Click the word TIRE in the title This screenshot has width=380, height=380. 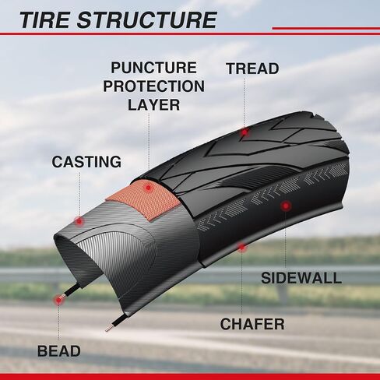coord(45,20)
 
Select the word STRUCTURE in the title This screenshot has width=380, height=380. coord(147,20)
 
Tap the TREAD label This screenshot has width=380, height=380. coord(252,69)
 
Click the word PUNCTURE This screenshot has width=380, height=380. coord(153,68)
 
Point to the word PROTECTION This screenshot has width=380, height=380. coord(154,86)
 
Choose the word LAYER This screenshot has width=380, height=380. coord(153,105)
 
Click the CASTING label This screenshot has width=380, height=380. coord(86,162)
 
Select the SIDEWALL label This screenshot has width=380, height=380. coord(301,278)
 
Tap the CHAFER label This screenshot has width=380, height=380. coord(252,324)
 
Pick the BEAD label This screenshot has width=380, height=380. coord(59,351)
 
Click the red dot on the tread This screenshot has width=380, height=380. coord(245,132)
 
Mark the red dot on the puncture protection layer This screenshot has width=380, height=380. coord(148,188)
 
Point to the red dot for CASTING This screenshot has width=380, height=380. coord(79,221)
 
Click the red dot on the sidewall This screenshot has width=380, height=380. coord(286,206)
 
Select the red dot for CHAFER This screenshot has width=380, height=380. coord(241,248)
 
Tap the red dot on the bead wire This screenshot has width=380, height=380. coord(58,300)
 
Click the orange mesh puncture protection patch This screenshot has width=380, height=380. coord(146,199)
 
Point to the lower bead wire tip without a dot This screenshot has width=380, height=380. coord(106,330)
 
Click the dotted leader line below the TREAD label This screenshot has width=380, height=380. coord(244,102)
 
